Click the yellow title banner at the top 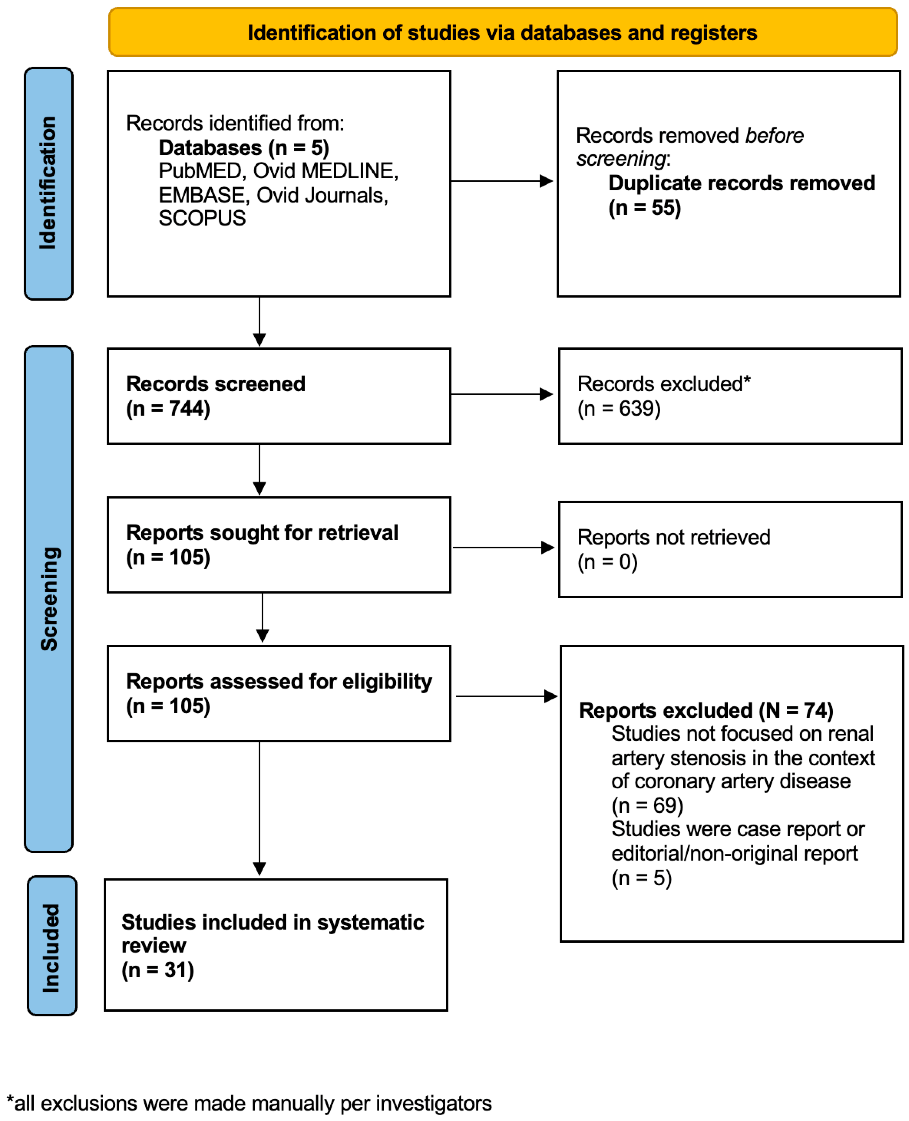tap(503, 33)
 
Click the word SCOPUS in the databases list tap(202, 218)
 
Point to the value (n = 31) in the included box tap(158, 970)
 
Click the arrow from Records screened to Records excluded tap(501, 394)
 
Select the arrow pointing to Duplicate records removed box tap(501, 181)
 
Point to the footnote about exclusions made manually tap(249, 1103)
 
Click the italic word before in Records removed tap(774, 136)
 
